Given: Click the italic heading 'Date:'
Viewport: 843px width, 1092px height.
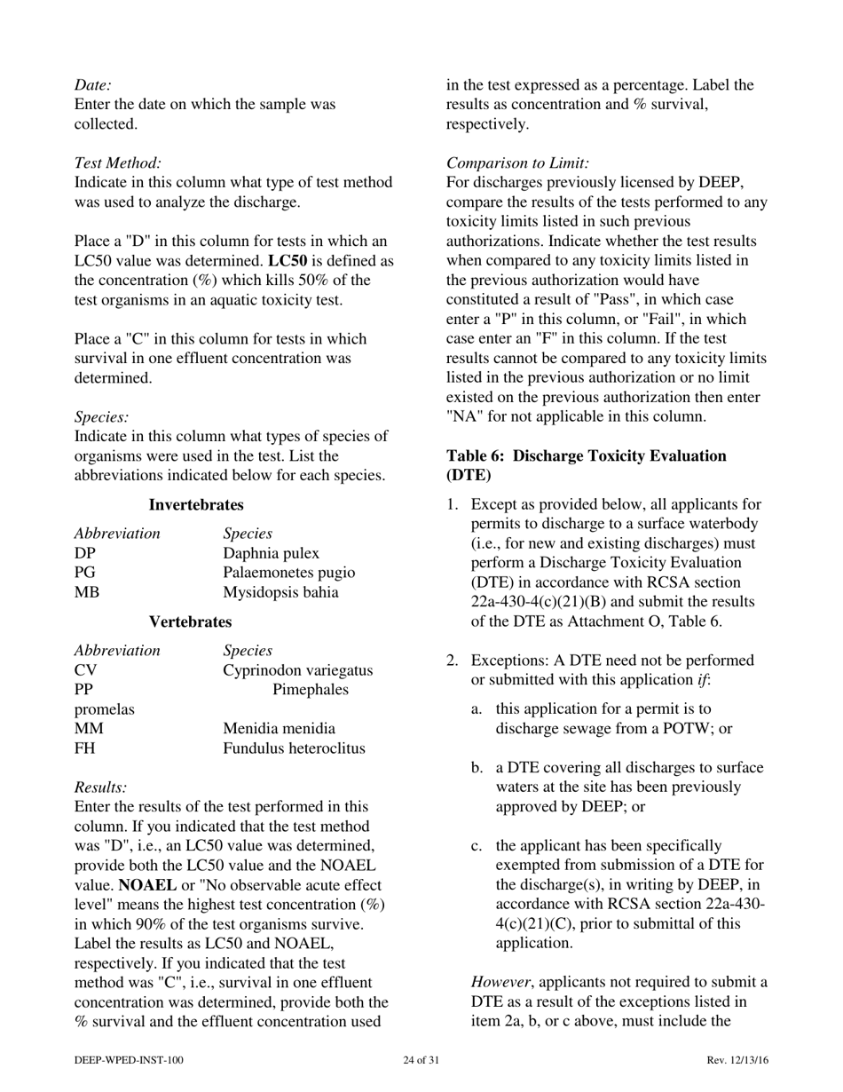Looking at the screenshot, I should click(92, 85).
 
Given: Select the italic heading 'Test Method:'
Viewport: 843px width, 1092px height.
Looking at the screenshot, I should click(118, 163).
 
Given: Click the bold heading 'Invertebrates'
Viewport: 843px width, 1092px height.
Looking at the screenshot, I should click(195, 505).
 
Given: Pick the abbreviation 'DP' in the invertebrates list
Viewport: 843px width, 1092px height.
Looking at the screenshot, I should click(84, 553).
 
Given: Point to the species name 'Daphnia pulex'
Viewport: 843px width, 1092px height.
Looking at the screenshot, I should click(271, 553).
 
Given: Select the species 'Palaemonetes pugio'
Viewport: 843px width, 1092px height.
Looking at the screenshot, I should click(288, 573).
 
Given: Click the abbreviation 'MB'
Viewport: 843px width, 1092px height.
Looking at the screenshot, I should click(87, 592).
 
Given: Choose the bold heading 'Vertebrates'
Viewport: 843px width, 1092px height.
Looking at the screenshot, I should click(190, 622).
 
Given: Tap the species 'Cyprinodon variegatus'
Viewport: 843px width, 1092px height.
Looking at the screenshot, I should click(297, 670).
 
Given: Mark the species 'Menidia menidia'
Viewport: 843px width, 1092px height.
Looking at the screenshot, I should click(279, 729).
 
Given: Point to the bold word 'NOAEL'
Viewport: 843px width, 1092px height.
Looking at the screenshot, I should click(146, 886).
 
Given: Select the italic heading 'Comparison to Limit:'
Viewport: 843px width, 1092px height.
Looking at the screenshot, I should click(517, 163).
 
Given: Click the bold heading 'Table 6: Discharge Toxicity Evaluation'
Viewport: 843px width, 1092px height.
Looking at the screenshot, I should click(586, 456).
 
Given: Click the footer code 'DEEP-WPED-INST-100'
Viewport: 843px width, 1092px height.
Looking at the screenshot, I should click(130, 1060).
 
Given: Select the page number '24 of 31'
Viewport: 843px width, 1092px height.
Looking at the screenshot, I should click(421, 1060).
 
